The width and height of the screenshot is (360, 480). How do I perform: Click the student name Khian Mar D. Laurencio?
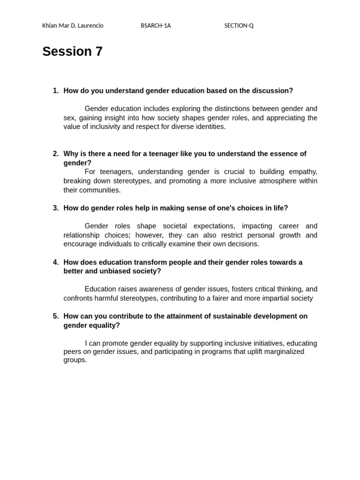73,26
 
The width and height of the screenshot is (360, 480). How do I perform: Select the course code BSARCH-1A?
156,26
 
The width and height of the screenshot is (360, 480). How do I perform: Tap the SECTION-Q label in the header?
239,26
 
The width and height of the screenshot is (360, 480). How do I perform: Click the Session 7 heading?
72,52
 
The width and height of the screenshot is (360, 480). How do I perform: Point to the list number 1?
55,90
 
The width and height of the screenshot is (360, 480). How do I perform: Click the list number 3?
55,208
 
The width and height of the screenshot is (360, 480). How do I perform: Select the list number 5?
55,316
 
